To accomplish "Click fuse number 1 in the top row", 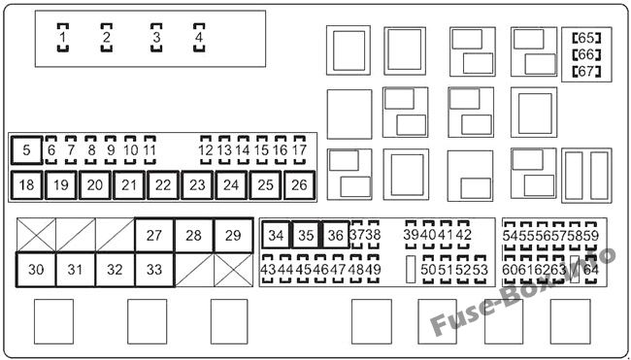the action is click(x=63, y=38).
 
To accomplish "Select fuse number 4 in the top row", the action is click(x=199, y=38).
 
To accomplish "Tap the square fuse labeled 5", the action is click(x=26, y=150).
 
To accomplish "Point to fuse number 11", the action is click(x=149, y=150).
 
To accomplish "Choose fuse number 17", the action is click(x=299, y=150).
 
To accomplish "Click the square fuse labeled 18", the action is click(x=26, y=185).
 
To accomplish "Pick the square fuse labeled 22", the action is click(x=163, y=185).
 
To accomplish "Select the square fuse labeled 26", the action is click(x=299, y=185).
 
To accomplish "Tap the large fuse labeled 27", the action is click(x=154, y=235).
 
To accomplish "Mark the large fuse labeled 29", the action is click(x=233, y=235).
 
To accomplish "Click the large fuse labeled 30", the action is click(x=36, y=270).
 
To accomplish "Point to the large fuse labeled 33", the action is click(x=154, y=270).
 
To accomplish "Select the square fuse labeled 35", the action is click(x=306, y=235).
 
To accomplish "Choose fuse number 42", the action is click(x=464, y=235).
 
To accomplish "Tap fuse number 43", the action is click(x=268, y=269).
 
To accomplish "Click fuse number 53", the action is click(x=481, y=269).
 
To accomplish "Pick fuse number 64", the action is click(x=591, y=269).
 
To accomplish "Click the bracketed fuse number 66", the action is click(x=586, y=54).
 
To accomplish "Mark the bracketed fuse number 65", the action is click(x=586, y=38).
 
